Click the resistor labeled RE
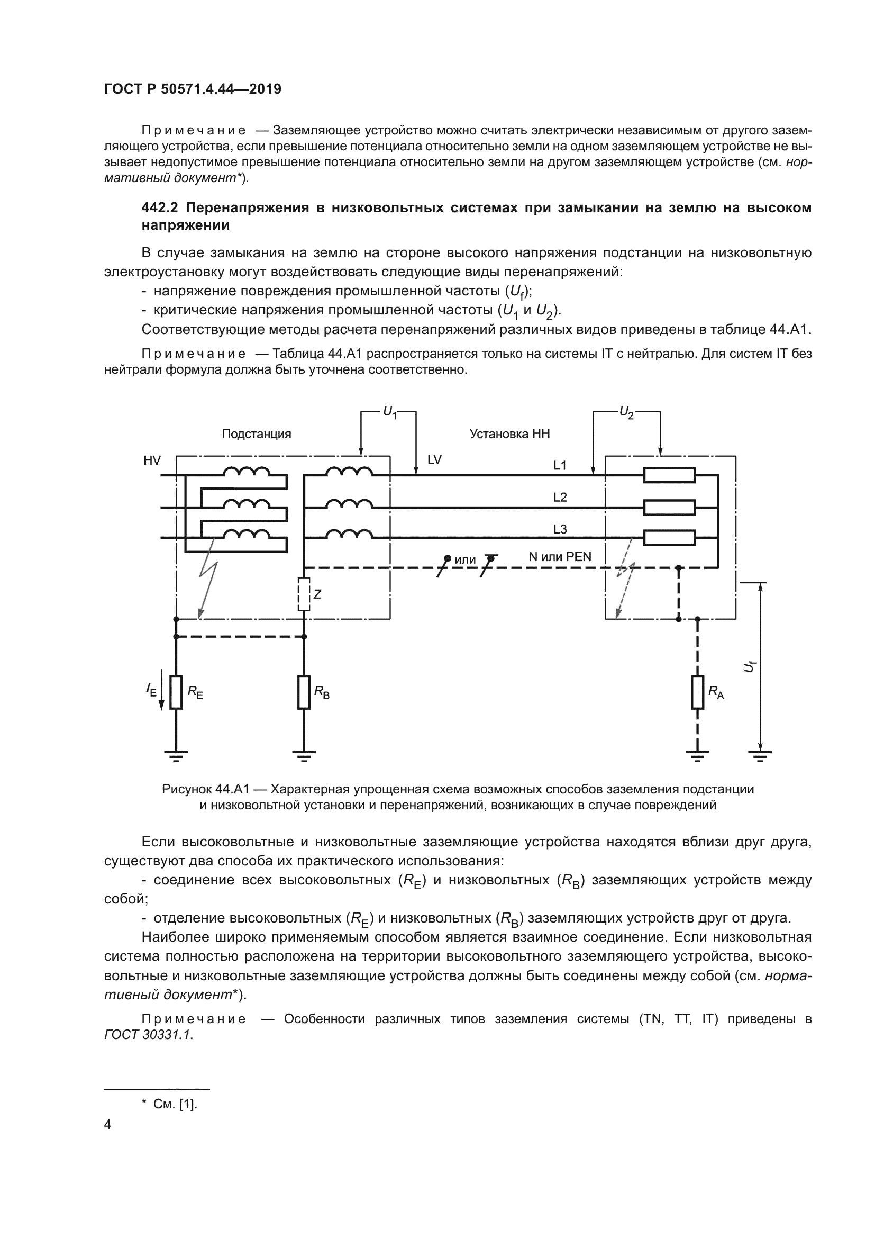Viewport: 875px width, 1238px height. (x=176, y=692)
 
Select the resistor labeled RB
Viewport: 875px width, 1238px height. (x=304, y=692)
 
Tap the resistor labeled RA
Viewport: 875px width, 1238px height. (x=697, y=692)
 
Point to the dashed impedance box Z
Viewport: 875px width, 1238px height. (x=304, y=594)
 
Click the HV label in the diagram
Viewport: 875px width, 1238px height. (x=152, y=460)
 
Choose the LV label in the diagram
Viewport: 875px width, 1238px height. (x=434, y=460)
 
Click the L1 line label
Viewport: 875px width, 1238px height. (x=560, y=465)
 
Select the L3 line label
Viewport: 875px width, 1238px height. (x=560, y=529)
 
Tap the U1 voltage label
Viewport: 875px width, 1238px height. (x=389, y=412)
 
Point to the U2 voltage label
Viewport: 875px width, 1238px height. (x=626, y=412)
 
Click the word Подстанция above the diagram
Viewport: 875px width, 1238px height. (x=257, y=434)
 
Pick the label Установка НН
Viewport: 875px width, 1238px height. (x=509, y=434)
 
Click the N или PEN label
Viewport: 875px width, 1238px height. (x=560, y=556)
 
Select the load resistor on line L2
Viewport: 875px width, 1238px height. (x=669, y=508)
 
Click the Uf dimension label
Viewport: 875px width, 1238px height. (x=749, y=667)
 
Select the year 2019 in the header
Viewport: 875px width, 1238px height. (x=265, y=89)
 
